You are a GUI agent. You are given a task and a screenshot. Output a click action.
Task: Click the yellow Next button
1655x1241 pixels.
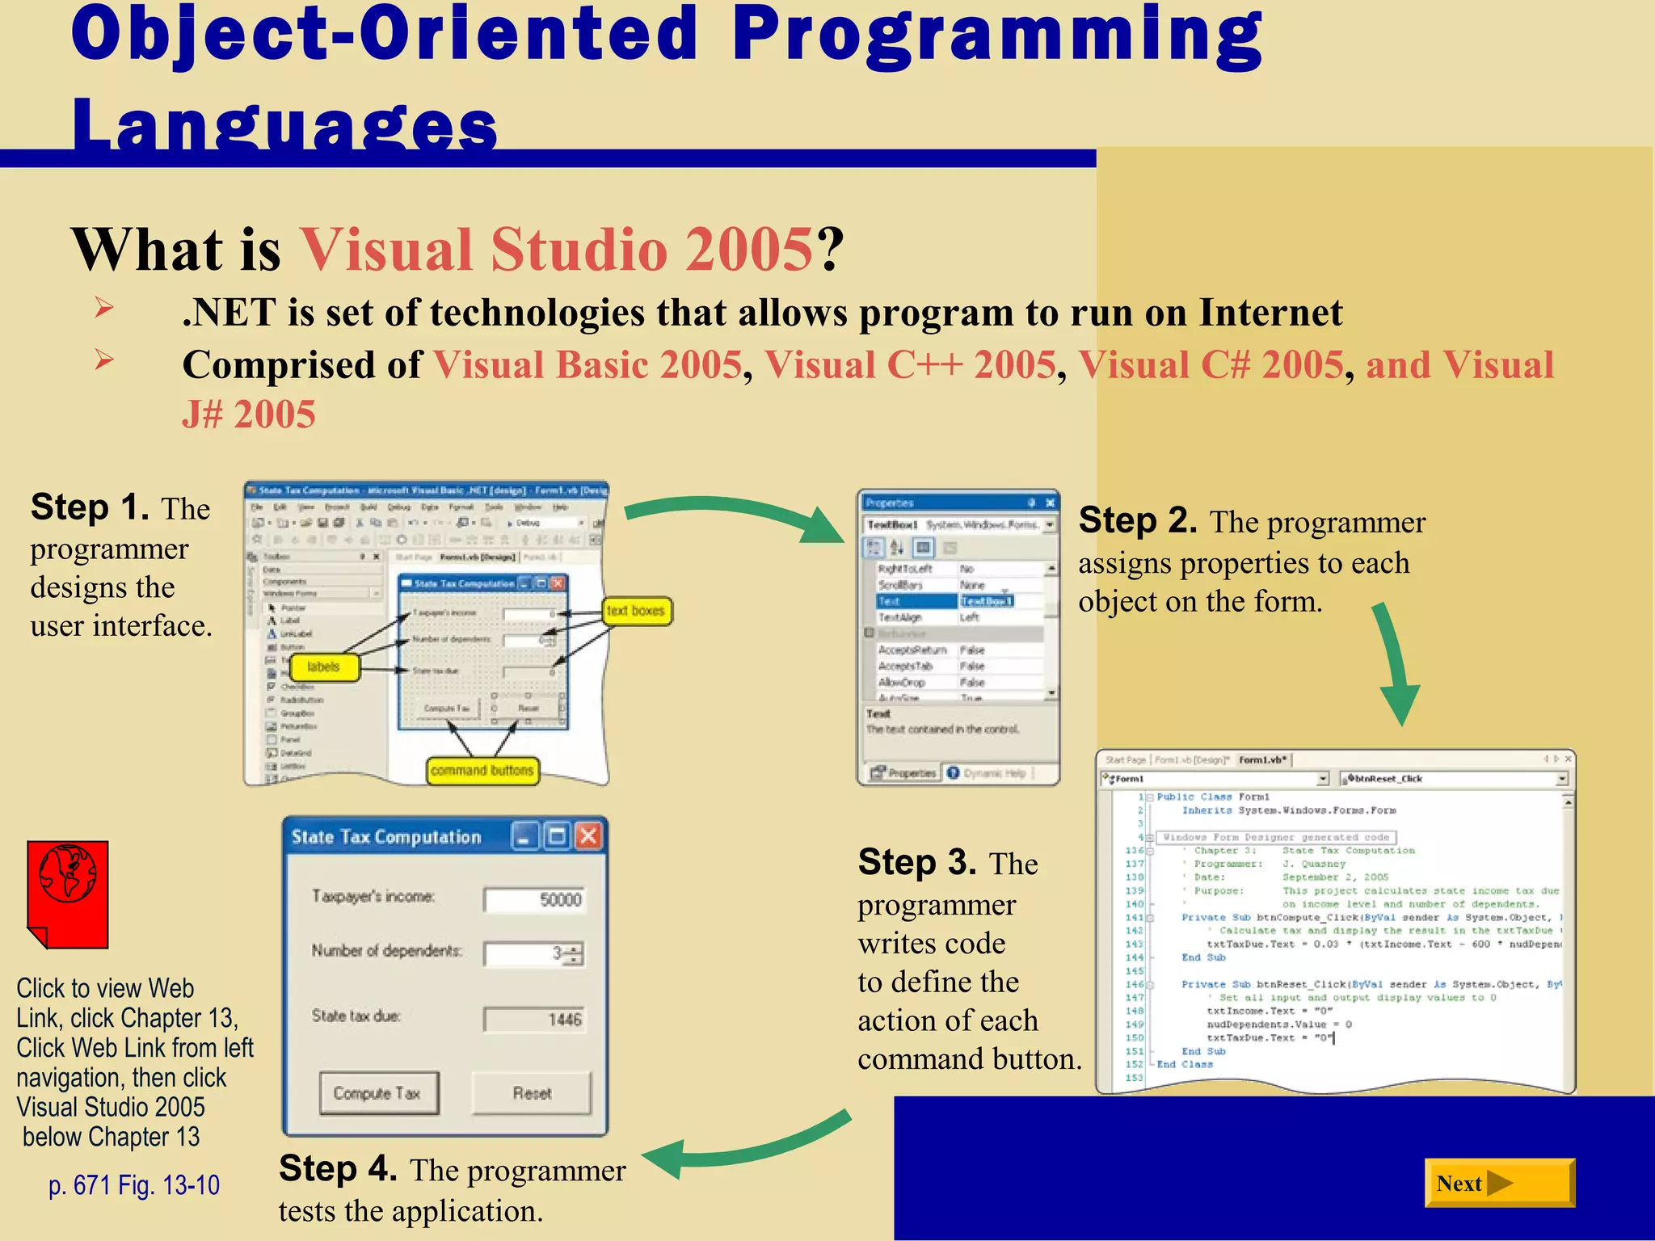(1498, 1183)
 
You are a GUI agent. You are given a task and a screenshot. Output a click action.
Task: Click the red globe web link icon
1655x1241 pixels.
(68, 892)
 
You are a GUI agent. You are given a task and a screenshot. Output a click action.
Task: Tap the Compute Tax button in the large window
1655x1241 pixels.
(378, 1093)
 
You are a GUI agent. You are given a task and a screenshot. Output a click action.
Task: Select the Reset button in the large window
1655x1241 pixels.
(532, 1093)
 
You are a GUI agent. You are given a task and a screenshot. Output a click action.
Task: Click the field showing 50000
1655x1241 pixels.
(534, 900)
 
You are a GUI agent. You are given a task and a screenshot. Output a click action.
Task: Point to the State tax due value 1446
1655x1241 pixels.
(534, 1020)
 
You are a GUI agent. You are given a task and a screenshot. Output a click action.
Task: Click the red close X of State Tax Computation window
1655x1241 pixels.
(589, 836)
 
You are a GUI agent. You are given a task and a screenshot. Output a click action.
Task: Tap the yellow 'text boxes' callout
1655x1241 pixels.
(636, 611)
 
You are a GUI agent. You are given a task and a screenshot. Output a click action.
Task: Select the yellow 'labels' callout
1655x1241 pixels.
(323, 667)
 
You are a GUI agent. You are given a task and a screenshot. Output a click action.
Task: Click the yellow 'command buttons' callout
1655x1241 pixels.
(482, 770)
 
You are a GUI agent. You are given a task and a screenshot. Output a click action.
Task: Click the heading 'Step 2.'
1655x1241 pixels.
(1137, 520)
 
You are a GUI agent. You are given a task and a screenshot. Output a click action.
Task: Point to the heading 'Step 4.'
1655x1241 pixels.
(338, 1169)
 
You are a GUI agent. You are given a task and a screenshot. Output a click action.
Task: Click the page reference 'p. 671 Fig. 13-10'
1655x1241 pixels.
(134, 1185)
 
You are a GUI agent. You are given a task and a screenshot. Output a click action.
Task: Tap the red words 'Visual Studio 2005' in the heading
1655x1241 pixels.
(556, 249)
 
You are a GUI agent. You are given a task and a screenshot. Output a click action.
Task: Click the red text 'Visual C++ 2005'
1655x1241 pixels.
(910, 364)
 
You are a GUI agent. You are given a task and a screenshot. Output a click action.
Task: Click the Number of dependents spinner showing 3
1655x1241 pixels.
(534, 954)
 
